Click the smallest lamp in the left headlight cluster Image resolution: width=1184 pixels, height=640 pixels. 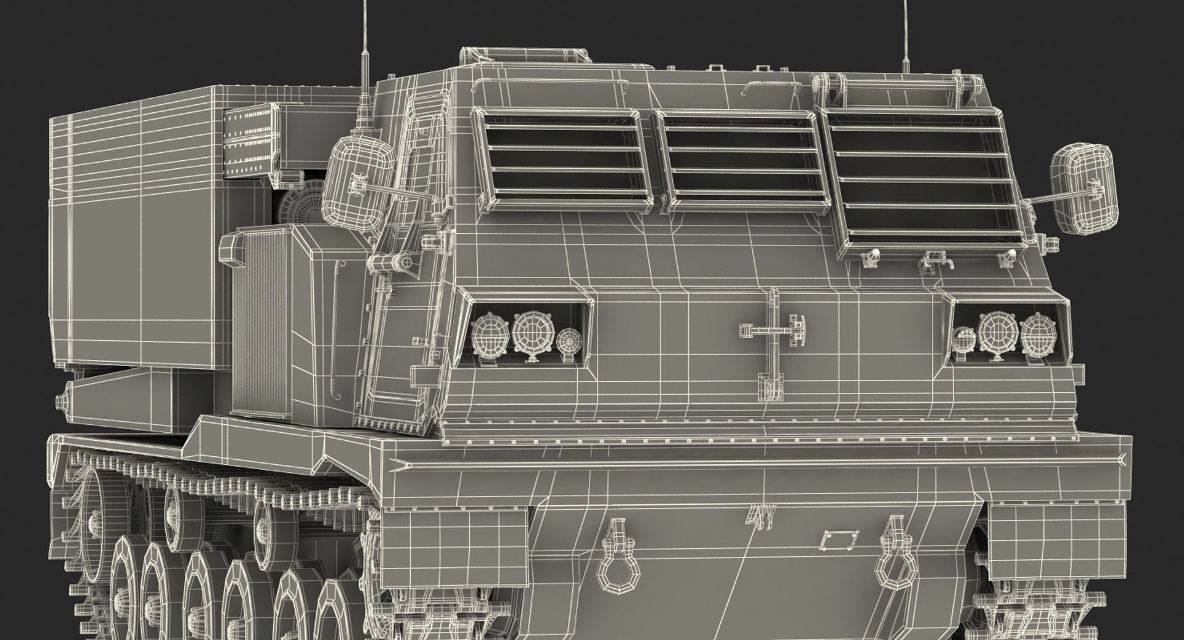tap(569, 340)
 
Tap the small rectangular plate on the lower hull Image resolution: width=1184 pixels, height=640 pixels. tap(834, 541)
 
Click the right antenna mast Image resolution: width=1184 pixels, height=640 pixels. tap(906, 31)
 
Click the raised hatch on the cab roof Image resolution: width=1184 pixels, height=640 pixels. tap(525, 56)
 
